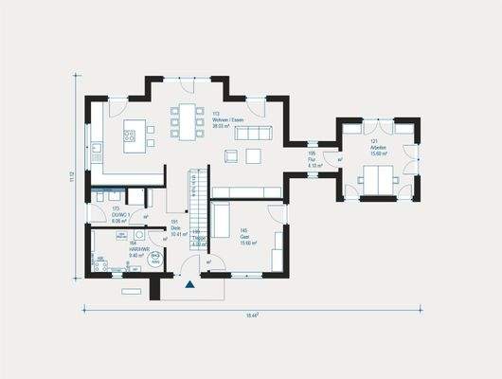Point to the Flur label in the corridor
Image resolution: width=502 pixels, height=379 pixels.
click(313, 153)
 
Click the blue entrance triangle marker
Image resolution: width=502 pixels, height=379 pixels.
click(190, 282)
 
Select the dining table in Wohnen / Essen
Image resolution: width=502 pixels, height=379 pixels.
click(188, 122)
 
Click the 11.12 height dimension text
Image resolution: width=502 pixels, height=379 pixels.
click(71, 176)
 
